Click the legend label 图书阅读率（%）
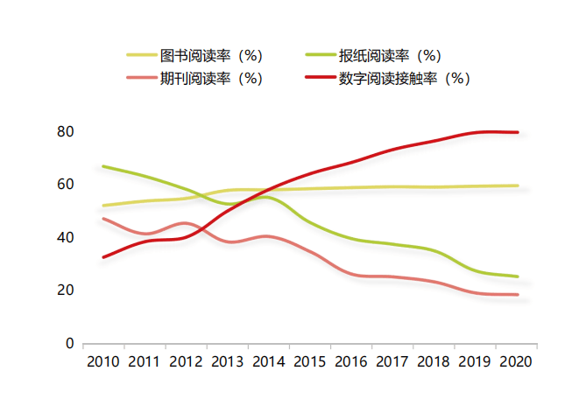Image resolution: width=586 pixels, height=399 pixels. point(211,56)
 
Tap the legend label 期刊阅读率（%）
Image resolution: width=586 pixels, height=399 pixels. point(211,78)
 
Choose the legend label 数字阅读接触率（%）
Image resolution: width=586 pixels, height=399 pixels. point(405,78)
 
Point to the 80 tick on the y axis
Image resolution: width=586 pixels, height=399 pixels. point(65,132)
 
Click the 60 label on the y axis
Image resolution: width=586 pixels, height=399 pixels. point(65,185)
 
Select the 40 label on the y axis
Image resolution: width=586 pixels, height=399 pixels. point(65,238)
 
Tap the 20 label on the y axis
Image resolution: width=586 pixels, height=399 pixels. point(65,290)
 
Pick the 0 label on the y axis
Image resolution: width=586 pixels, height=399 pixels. point(68,344)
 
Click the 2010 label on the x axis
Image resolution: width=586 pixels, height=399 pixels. point(103,362)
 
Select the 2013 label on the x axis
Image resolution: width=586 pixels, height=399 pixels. point(227,362)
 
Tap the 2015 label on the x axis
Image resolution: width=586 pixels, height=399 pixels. point(309,362)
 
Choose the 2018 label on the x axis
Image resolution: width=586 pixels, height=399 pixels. point(434,362)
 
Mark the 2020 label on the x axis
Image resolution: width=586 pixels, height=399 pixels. point(516,362)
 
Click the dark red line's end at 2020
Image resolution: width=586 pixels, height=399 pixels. point(518,132)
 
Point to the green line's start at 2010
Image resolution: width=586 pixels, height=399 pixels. point(103,166)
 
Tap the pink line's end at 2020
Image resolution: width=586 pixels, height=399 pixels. point(518,295)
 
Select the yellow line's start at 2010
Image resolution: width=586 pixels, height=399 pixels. point(103,206)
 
